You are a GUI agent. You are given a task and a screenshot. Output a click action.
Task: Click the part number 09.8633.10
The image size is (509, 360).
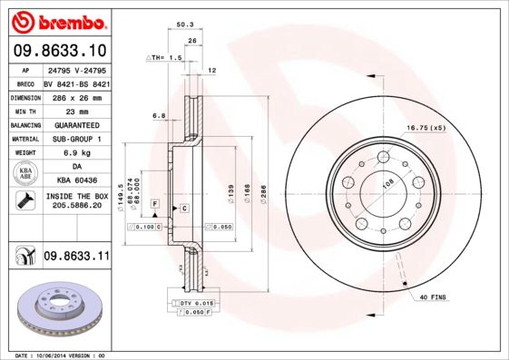[x=61, y=51]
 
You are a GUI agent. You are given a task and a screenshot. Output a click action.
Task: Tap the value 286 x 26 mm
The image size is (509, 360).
[x=76, y=95]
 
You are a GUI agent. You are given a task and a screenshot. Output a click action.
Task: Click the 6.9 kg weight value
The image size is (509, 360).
[x=76, y=153]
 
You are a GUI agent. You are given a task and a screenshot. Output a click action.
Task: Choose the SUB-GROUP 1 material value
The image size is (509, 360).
[x=76, y=139]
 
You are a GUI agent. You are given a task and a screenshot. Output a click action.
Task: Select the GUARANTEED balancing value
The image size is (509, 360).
[x=76, y=124]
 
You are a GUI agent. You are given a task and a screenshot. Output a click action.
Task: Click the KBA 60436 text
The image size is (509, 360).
[x=76, y=181]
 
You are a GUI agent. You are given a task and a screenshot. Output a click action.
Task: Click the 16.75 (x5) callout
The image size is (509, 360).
[x=426, y=128]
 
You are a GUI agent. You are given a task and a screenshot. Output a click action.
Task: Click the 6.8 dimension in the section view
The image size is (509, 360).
[x=159, y=115]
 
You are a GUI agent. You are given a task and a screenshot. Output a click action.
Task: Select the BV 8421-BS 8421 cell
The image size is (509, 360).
[x=76, y=82]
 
